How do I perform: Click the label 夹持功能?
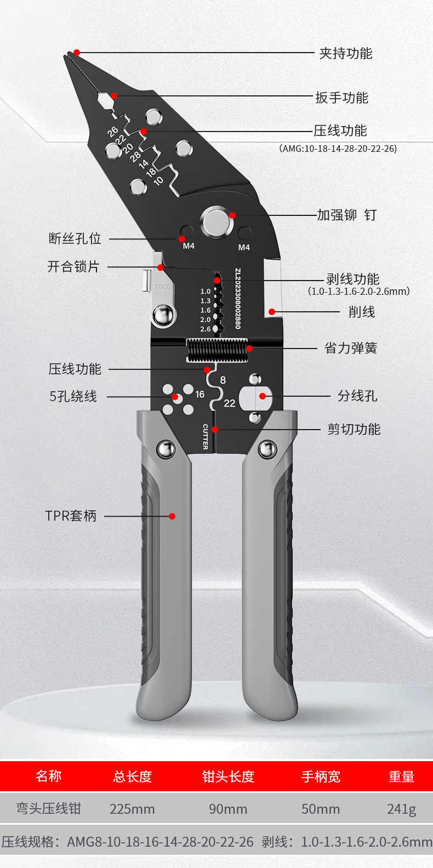pyautogui.click(x=345, y=53)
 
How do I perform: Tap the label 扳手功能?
pyautogui.click(x=341, y=98)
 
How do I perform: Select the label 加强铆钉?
pyautogui.click(x=346, y=215)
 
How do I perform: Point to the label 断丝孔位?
pyautogui.click(x=75, y=238)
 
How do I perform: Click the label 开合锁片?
pyautogui.click(x=73, y=267)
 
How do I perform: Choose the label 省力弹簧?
pyautogui.click(x=351, y=348)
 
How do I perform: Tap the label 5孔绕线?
pyautogui.click(x=73, y=396)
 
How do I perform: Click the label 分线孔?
pyautogui.click(x=357, y=396)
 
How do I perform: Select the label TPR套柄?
pyautogui.click(x=71, y=516)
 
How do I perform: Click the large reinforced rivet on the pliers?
pyautogui.click(x=216, y=221)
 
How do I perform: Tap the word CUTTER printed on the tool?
pyautogui.click(x=206, y=437)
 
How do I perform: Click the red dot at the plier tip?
pyautogui.click(x=77, y=53)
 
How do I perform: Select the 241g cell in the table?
pyautogui.click(x=401, y=809)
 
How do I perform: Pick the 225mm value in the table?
pyautogui.click(x=132, y=809)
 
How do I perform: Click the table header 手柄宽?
pyautogui.click(x=321, y=776)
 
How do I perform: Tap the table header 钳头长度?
pyautogui.click(x=228, y=776)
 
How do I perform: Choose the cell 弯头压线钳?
pyautogui.click(x=48, y=809)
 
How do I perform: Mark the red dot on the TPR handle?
pyautogui.click(x=172, y=516)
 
